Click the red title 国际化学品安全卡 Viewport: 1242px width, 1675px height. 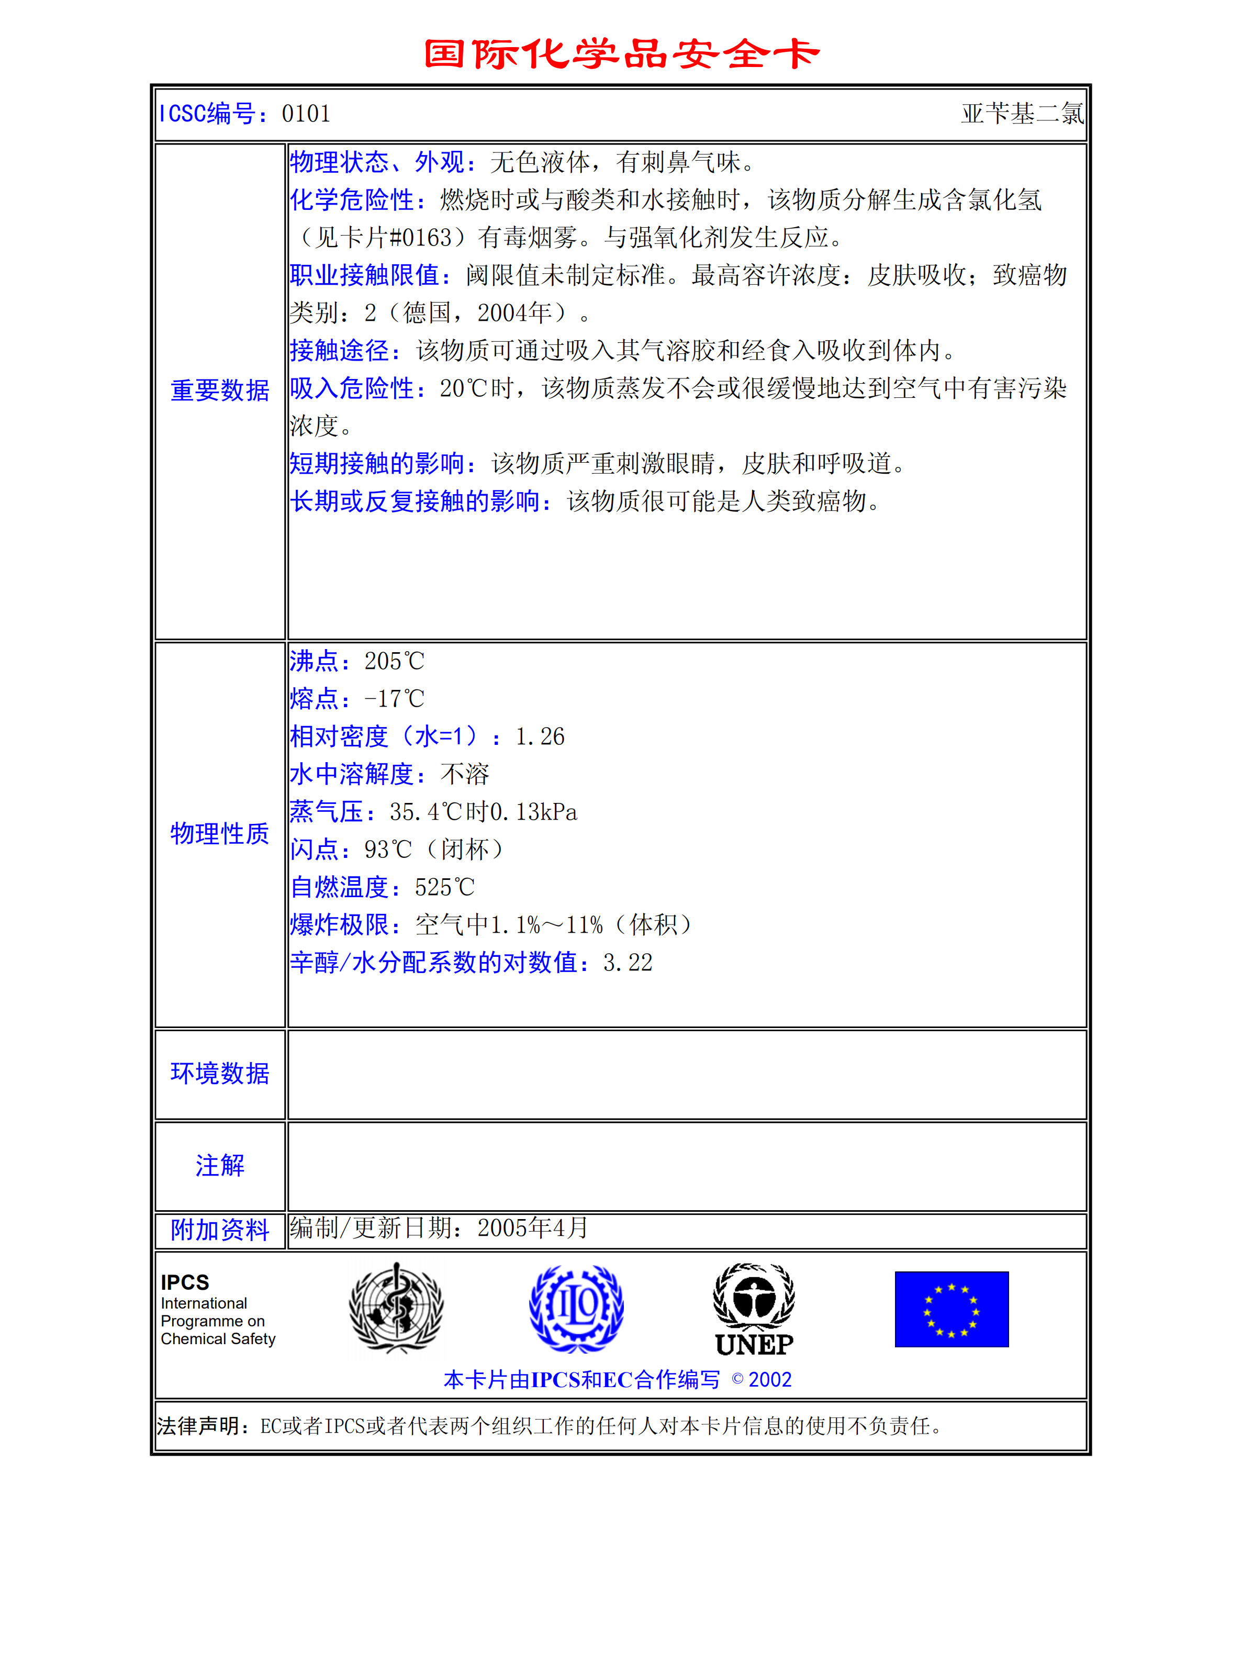click(621, 54)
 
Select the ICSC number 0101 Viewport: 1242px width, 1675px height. click(306, 114)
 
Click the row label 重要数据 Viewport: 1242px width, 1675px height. click(219, 390)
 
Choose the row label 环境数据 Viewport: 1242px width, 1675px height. click(219, 1074)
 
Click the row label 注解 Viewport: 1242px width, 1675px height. click(219, 1165)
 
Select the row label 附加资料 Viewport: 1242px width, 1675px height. click(219, 1230)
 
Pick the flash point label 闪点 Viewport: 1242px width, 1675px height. click(314, 850)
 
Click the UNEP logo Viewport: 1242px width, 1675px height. click(754, 1310)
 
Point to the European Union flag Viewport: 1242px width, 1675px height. click(951, 1309)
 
